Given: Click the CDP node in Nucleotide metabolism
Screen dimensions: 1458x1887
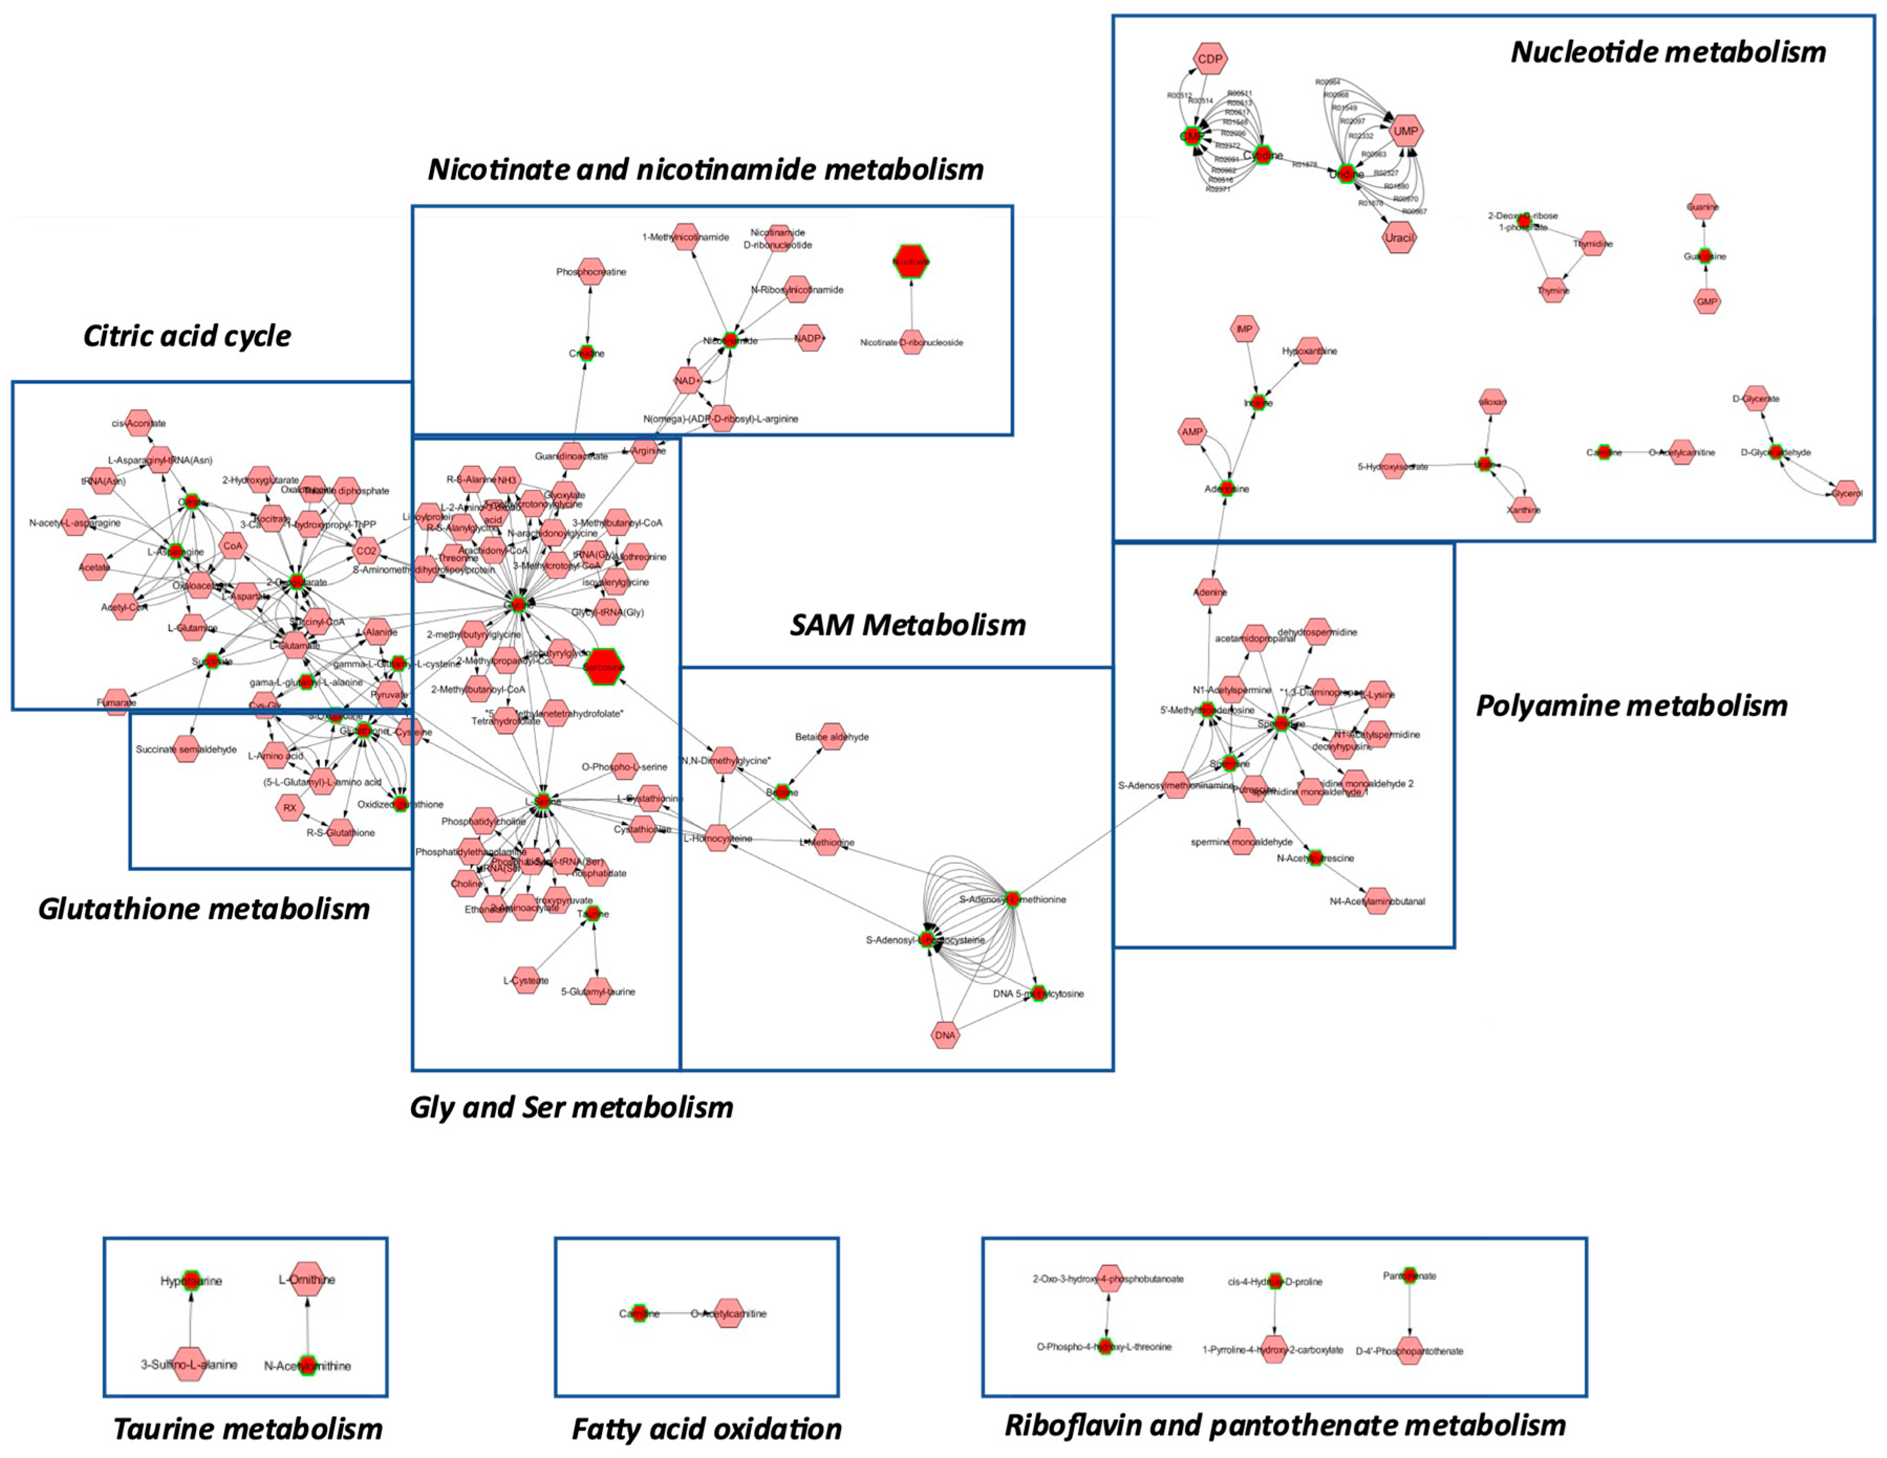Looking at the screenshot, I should (1210, 59).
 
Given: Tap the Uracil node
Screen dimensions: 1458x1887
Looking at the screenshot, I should (1399, 237).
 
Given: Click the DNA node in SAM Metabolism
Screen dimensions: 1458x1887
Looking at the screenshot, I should (945, 1035).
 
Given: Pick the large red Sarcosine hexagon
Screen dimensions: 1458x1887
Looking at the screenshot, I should (602, 666).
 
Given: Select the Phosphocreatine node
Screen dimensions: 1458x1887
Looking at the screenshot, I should (591, 272).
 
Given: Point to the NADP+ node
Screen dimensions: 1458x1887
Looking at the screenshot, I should (810, 339).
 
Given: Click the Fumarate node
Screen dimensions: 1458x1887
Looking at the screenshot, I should (116, 702).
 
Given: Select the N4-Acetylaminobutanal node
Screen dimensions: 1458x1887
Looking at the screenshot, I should (1377, 901).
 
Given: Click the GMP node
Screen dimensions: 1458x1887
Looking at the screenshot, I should (1707, 301).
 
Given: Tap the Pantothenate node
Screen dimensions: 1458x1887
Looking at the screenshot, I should (1409, 1275).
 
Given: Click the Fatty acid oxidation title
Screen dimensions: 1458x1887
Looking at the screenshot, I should (706, 1429).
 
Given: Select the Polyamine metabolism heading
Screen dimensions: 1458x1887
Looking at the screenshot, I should (1631, 706).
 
